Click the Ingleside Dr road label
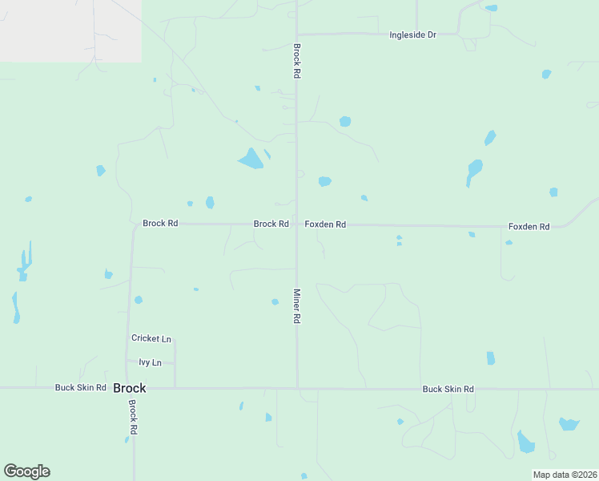point(412,35)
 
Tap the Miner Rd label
point(296,306)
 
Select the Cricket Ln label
point(151,339)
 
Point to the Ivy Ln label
point(150,363)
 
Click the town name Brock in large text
point(130,388)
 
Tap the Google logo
point(26,471)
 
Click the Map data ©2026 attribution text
point(565,475)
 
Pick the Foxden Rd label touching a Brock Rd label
point(325,224)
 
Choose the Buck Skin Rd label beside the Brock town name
point(80,388)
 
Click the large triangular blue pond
point(251,159)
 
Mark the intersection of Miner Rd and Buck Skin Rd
point(297,388)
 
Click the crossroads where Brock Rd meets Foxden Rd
point(297,224)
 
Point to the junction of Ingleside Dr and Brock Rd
point(297,34)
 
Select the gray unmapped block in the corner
point(70,30)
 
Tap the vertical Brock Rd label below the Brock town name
point(134,418)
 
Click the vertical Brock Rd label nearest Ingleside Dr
point(296,61)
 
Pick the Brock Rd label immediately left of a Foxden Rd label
point(271,224)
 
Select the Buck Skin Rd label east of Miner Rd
point(448,389)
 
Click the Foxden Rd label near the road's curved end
point(529,227)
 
